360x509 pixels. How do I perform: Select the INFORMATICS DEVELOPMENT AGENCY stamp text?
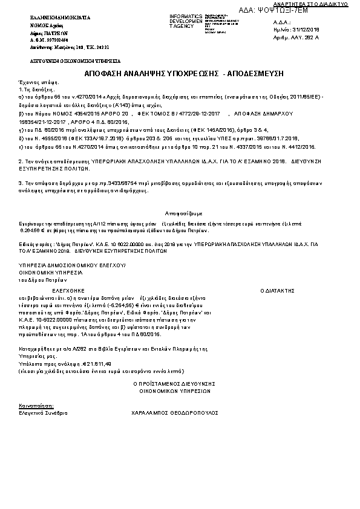pyautogui.click(x=186, y=21)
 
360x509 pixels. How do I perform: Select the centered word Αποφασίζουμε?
pyautogui.click(x=183, y=213)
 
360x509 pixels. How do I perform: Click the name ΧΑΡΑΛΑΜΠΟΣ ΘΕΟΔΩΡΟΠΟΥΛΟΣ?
pyautogui.click(x=173, y=412)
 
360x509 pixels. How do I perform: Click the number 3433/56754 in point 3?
pyautogui.click(x=110, y=182)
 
